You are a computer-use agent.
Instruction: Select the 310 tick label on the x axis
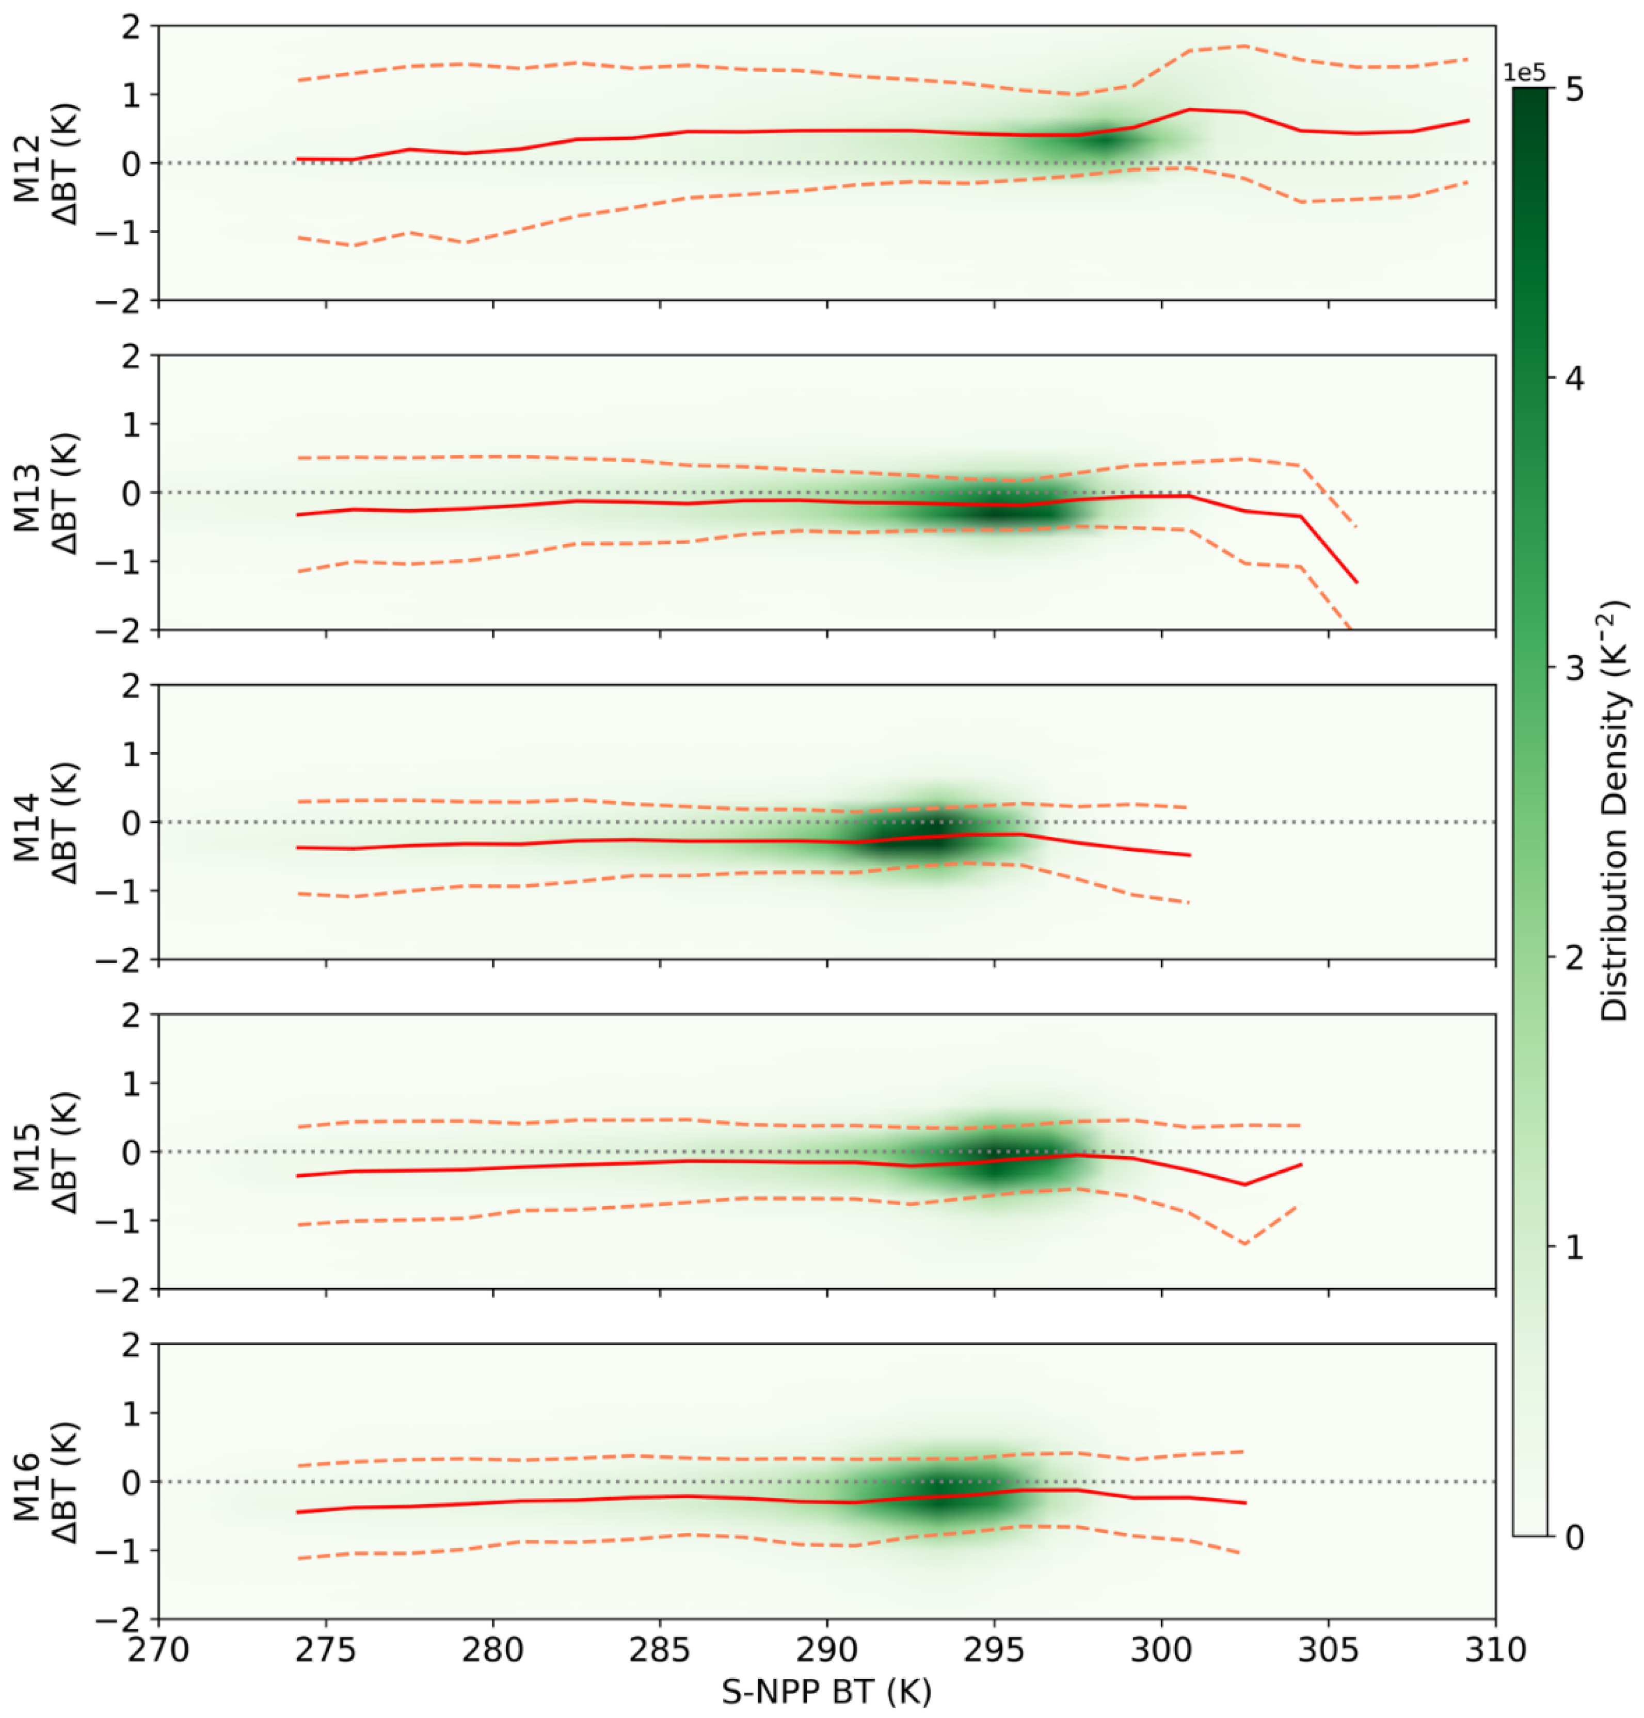click(x=1495, y=1650)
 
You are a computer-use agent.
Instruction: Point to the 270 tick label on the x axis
click(x=158, y=1650)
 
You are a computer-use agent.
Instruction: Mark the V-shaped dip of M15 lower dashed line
click(x=1244, y=1243)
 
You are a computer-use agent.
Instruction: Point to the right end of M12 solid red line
click(x=1469, y=120)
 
